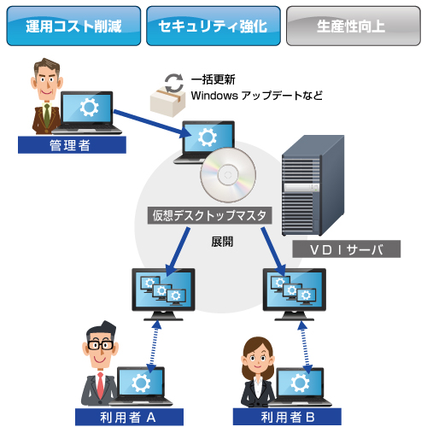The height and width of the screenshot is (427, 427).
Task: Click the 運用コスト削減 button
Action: pyautogui.click(x=73, y=26)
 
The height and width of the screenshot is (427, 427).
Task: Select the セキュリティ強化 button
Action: pyautogui.click(x=213, y=26)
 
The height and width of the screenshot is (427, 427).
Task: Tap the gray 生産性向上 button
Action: pyautogui.click(x=354, y=26)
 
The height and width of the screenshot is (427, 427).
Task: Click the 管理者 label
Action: pyautogui.click(x=72, y=145)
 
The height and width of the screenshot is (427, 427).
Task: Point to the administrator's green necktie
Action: pyautogui.click(x=47, y=115)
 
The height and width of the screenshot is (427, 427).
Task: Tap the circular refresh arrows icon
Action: pyautogui.click(x=174, y=83)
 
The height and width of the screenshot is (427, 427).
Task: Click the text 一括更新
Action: pyautogui.click(x=213, y=79)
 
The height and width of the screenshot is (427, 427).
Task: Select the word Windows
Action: pyautogui.click(x=214, y=96)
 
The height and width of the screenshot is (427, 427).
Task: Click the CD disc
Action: pyautogui.click(x=228, y=175)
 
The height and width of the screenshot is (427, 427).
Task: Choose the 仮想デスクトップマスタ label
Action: pyautogui.click(x=209, y=215)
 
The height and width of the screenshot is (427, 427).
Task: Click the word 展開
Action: pyautogui.click(x=222, y=242)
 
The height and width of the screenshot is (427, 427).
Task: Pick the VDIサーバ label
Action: pyautogui.click(x=347, y=249)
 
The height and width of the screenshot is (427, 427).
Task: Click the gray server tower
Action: pyautogui.click(x=313, y=185)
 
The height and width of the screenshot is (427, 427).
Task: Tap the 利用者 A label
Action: pyautogui.click(x=129, y=418)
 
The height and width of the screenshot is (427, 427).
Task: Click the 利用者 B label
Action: pyautogui.click(x=287, y=417)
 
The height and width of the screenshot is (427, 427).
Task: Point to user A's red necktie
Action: pyautogui.click(x=100, y=385)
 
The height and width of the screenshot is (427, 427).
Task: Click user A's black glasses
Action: pyautogui.click(x=100, y=345)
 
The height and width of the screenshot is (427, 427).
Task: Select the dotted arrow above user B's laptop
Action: pyautogui.click(x=305, y=347)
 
